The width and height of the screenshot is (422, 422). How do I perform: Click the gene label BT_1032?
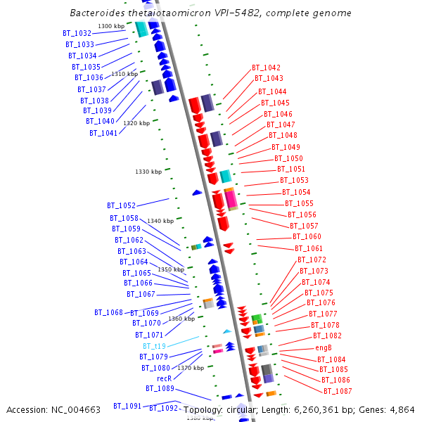click(x=77, y=33)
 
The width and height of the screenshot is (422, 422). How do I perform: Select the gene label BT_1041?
click(x=103, y=133)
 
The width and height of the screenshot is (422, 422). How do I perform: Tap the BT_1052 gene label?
click(x=121, y=205)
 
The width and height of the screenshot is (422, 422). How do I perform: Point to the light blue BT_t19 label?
click(x=154, y=346)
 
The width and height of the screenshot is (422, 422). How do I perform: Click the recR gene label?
click(x=164, y=378)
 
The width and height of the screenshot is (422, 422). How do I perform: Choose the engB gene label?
click(x=323, y=347)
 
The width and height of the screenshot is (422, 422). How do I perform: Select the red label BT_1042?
click(x=266, y=68)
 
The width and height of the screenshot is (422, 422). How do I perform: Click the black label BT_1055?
click(x=299, y=203)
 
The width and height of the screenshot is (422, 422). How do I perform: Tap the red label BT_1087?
click(x=338, y=391)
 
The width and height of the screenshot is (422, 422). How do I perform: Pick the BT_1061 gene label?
click(x=309, y=248)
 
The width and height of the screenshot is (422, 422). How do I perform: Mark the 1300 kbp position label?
click(x=111, y=26)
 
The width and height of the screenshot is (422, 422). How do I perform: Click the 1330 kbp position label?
click(x=148, y=172)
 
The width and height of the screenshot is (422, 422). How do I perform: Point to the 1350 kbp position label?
click(x=170, y=269)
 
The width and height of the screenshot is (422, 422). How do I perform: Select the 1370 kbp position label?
click(x=191, y=368)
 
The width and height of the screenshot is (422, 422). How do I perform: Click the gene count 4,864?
click(x=400, y=410)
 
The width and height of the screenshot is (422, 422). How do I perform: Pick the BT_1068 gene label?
click(x=108, y=312)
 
